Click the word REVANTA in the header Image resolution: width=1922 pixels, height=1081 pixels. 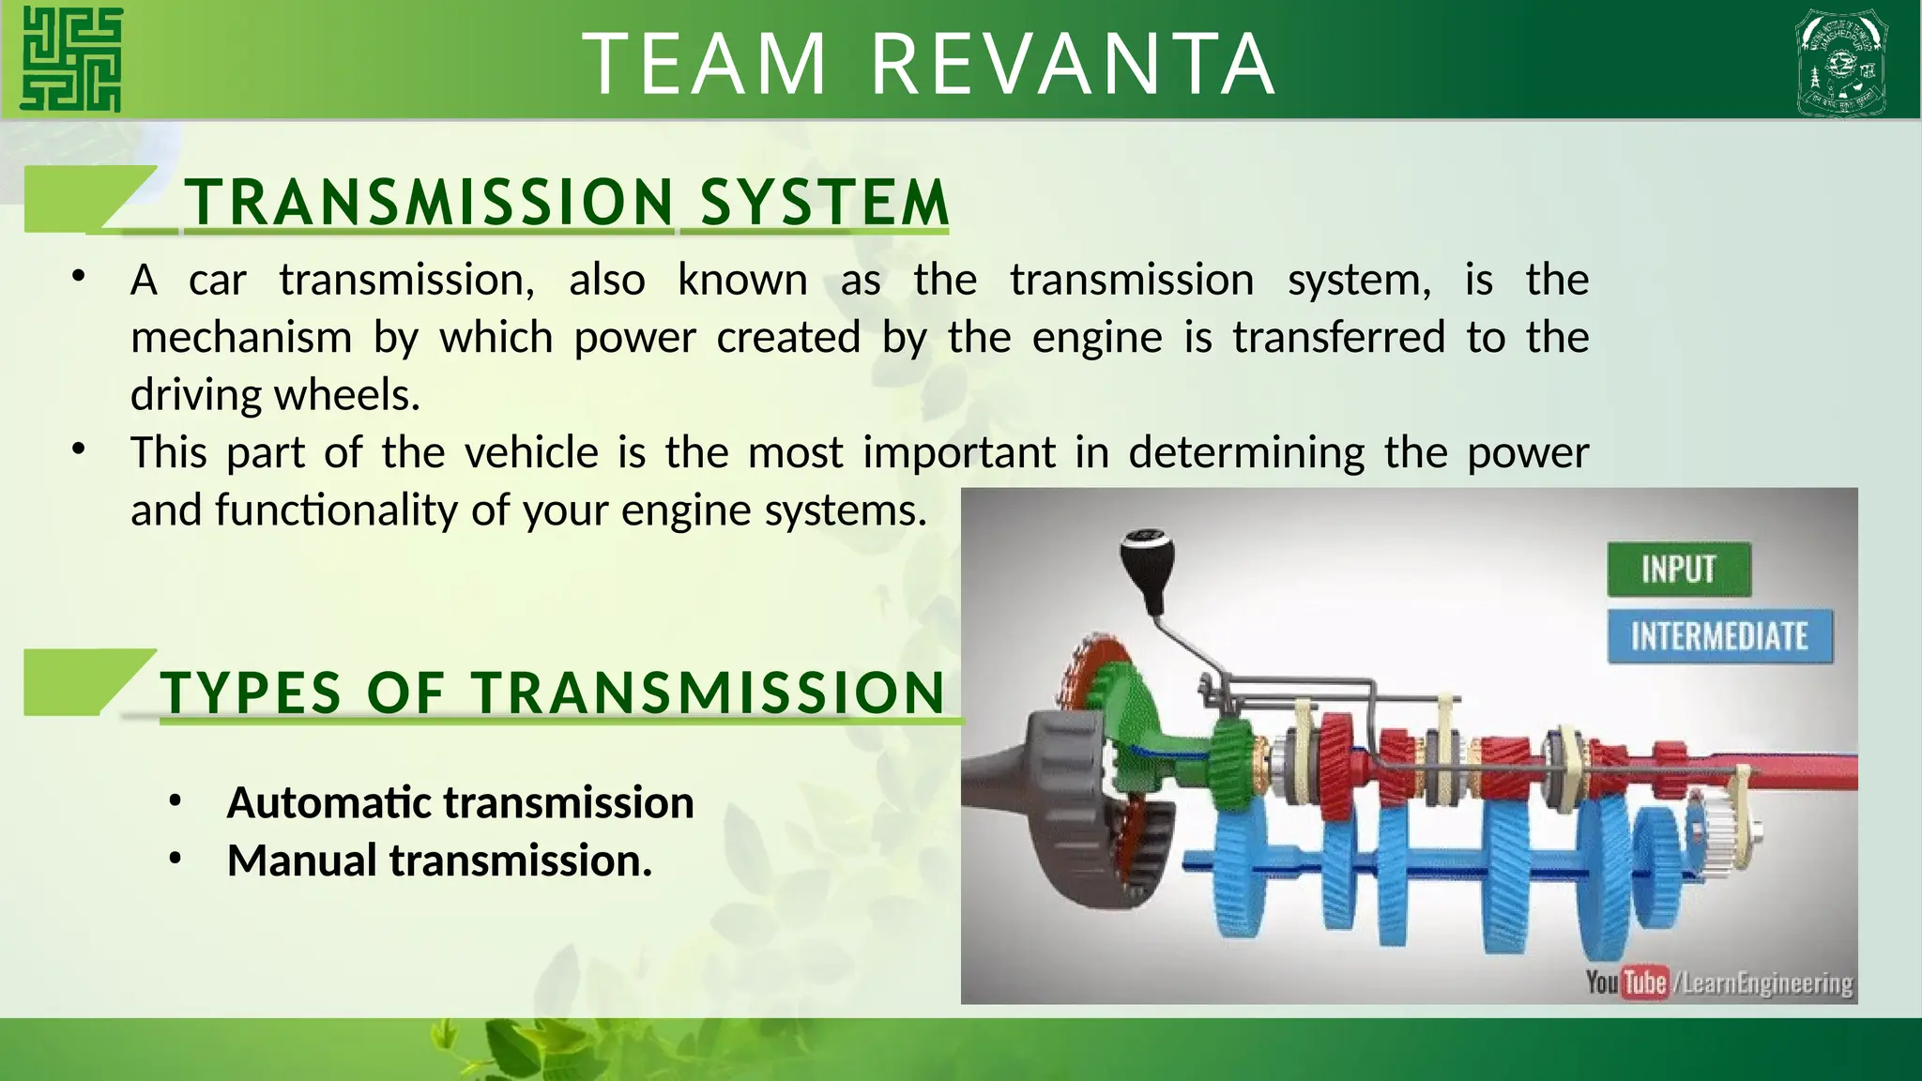[x=1073, y=64]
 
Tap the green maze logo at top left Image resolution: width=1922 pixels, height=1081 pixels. [x=71, y=59]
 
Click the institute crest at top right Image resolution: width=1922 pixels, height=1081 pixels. [x=1840, y=62]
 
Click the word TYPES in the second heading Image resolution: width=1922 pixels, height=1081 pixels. [x=251, y=693]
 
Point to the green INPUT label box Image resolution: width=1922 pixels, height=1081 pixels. [x=1678, y=569]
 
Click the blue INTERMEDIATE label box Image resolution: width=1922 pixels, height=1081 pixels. [x=1718, y=636]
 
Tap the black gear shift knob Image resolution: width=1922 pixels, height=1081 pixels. [x=1144, y=560]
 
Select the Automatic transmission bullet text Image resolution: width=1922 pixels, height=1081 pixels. [x=460, y=802]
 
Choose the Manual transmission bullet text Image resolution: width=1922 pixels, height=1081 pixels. [x=439, y=860]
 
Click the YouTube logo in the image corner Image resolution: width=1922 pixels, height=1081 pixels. [x=1627, y=982]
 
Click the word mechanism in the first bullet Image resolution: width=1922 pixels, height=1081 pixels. [x=241, y=337]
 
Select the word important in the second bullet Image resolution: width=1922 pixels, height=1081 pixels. [x=959, y=452]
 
